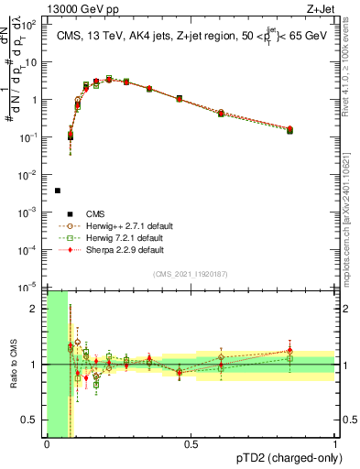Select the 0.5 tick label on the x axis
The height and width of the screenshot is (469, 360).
point(191,444)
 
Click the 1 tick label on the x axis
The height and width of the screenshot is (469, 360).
point(335,444)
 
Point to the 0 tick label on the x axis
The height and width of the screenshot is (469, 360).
point(47,444)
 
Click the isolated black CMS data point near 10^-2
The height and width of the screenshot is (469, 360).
point(58,191)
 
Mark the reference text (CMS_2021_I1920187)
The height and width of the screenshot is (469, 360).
point(191,275)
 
